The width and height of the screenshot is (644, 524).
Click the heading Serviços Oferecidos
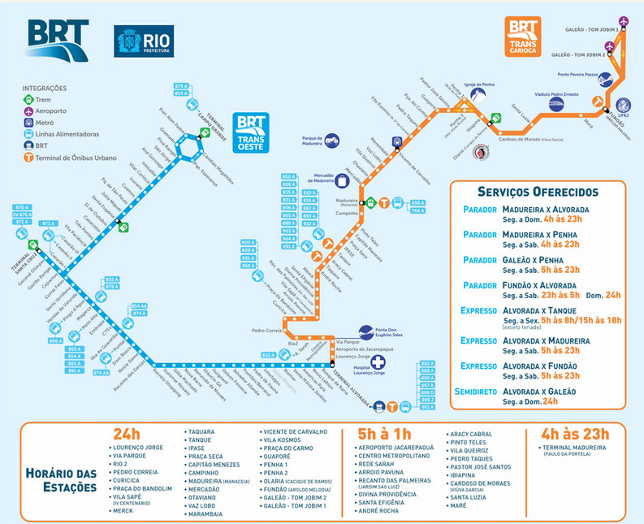click(x=538, y=192)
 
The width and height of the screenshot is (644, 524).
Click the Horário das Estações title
click(x=62, y=480)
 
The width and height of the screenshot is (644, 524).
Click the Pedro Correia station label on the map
click(x=268, y=331)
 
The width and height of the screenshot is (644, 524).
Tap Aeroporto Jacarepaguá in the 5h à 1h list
click(x=395, y=448)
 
